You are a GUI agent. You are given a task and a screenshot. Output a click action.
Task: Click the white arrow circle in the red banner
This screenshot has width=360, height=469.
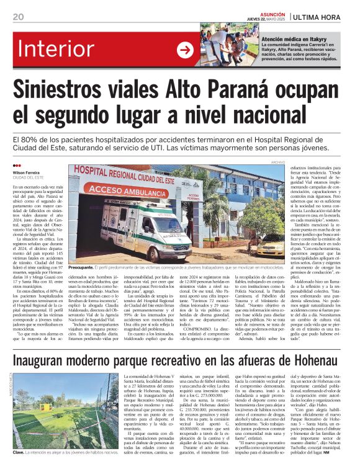pos(184,50)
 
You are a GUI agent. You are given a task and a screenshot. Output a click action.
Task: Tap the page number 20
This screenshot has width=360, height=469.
pos(18,17)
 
